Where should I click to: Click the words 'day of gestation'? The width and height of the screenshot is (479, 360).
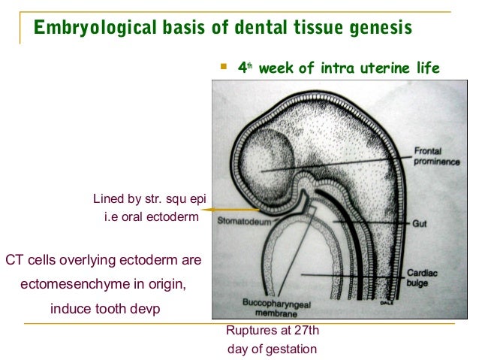(271, 349)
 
